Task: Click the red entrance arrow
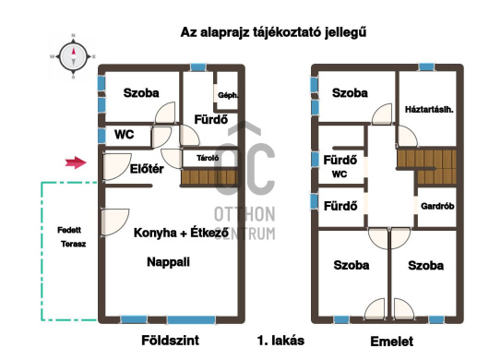76,162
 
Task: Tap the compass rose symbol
73,57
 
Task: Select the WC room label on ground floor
125,135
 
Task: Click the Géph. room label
228,95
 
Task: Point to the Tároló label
208,158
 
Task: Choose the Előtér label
147,169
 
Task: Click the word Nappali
169,262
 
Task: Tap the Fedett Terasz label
71,237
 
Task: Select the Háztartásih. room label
429,110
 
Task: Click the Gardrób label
437,206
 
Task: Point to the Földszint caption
171,340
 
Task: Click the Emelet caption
392,342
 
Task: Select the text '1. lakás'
280,341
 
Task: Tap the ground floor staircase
209,177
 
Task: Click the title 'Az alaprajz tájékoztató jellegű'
273,32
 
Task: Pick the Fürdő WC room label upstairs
340,166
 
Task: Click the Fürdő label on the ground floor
211,119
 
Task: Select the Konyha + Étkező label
181,233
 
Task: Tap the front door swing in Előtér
116,166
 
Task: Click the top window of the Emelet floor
426,66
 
